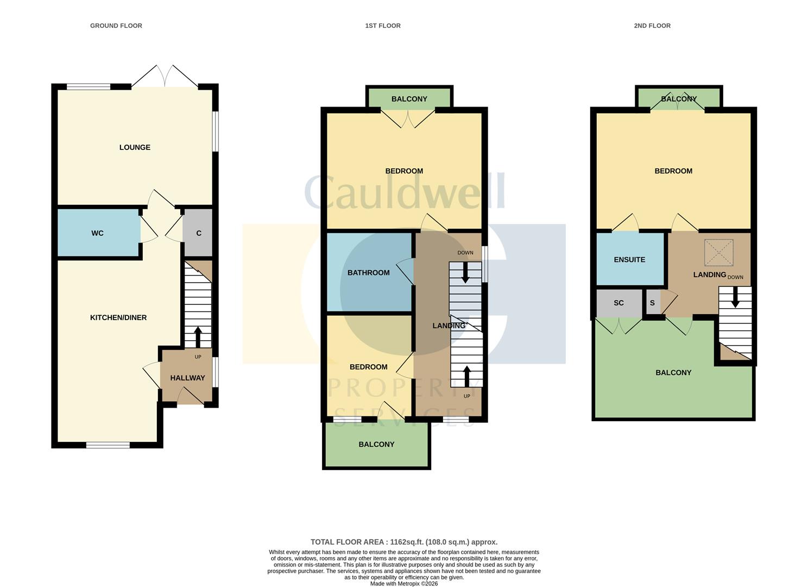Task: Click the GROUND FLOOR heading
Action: pyautogui.click(x=116, y=26)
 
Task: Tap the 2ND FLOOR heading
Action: pyautogui.click(x=652, y=26)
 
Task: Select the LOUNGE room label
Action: pyautogui.click(x=135, y=147)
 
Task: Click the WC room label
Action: pyautogui.click(x=97, y=233)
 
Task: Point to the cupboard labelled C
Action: pyautogui.click(x=199, y=233)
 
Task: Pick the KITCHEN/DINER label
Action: pyautogui.click(x=118, y=318)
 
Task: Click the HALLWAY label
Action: pyautogui.click(x=187, y=378)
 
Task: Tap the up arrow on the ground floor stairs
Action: pyautogui.click(x=198, y=337)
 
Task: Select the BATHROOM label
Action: pyautogui.click(x=368, y=273)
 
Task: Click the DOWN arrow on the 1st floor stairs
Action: pyautogui.click(x=465, y=272)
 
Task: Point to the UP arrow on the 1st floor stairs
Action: pyautogui.click(x=467, y=377)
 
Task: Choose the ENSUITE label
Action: pyautogui.click(x=629, y=260)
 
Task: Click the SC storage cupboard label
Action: pyautogui.click(x=618, y=303)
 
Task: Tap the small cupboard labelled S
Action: pyautogui.click(x=652, y=303)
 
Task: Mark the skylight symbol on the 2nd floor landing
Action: pyautogui.click(x=718, y=252)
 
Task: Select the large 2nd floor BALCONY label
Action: pyautogui.click(x=673, y=372)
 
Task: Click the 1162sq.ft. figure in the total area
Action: pyautogui.click(x=407, y=542)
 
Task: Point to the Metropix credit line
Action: pyautogui.click(x=404, y=583)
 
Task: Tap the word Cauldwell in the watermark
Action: pyautogui.click(x=404, y=191)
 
